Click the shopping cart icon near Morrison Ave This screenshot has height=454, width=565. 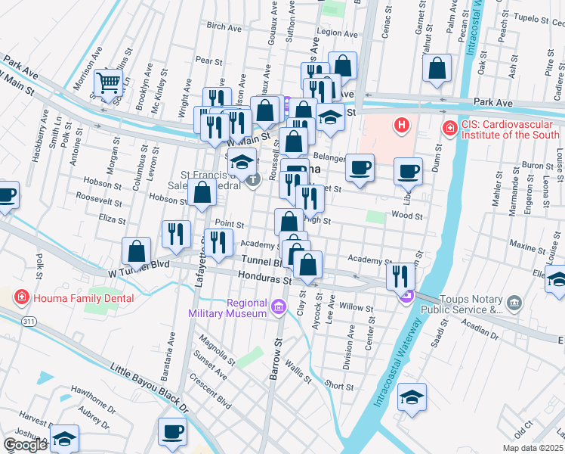pos(109,82)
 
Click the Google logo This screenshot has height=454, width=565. pos(25,445)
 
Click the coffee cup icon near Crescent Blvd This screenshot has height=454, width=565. pos(172,431)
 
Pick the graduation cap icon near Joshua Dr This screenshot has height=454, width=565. pos(65,438)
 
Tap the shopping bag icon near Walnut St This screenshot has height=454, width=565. pos(437,69)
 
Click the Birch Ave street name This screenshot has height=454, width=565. pos(224,26)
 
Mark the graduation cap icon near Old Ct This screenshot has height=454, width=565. pos(412,396)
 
